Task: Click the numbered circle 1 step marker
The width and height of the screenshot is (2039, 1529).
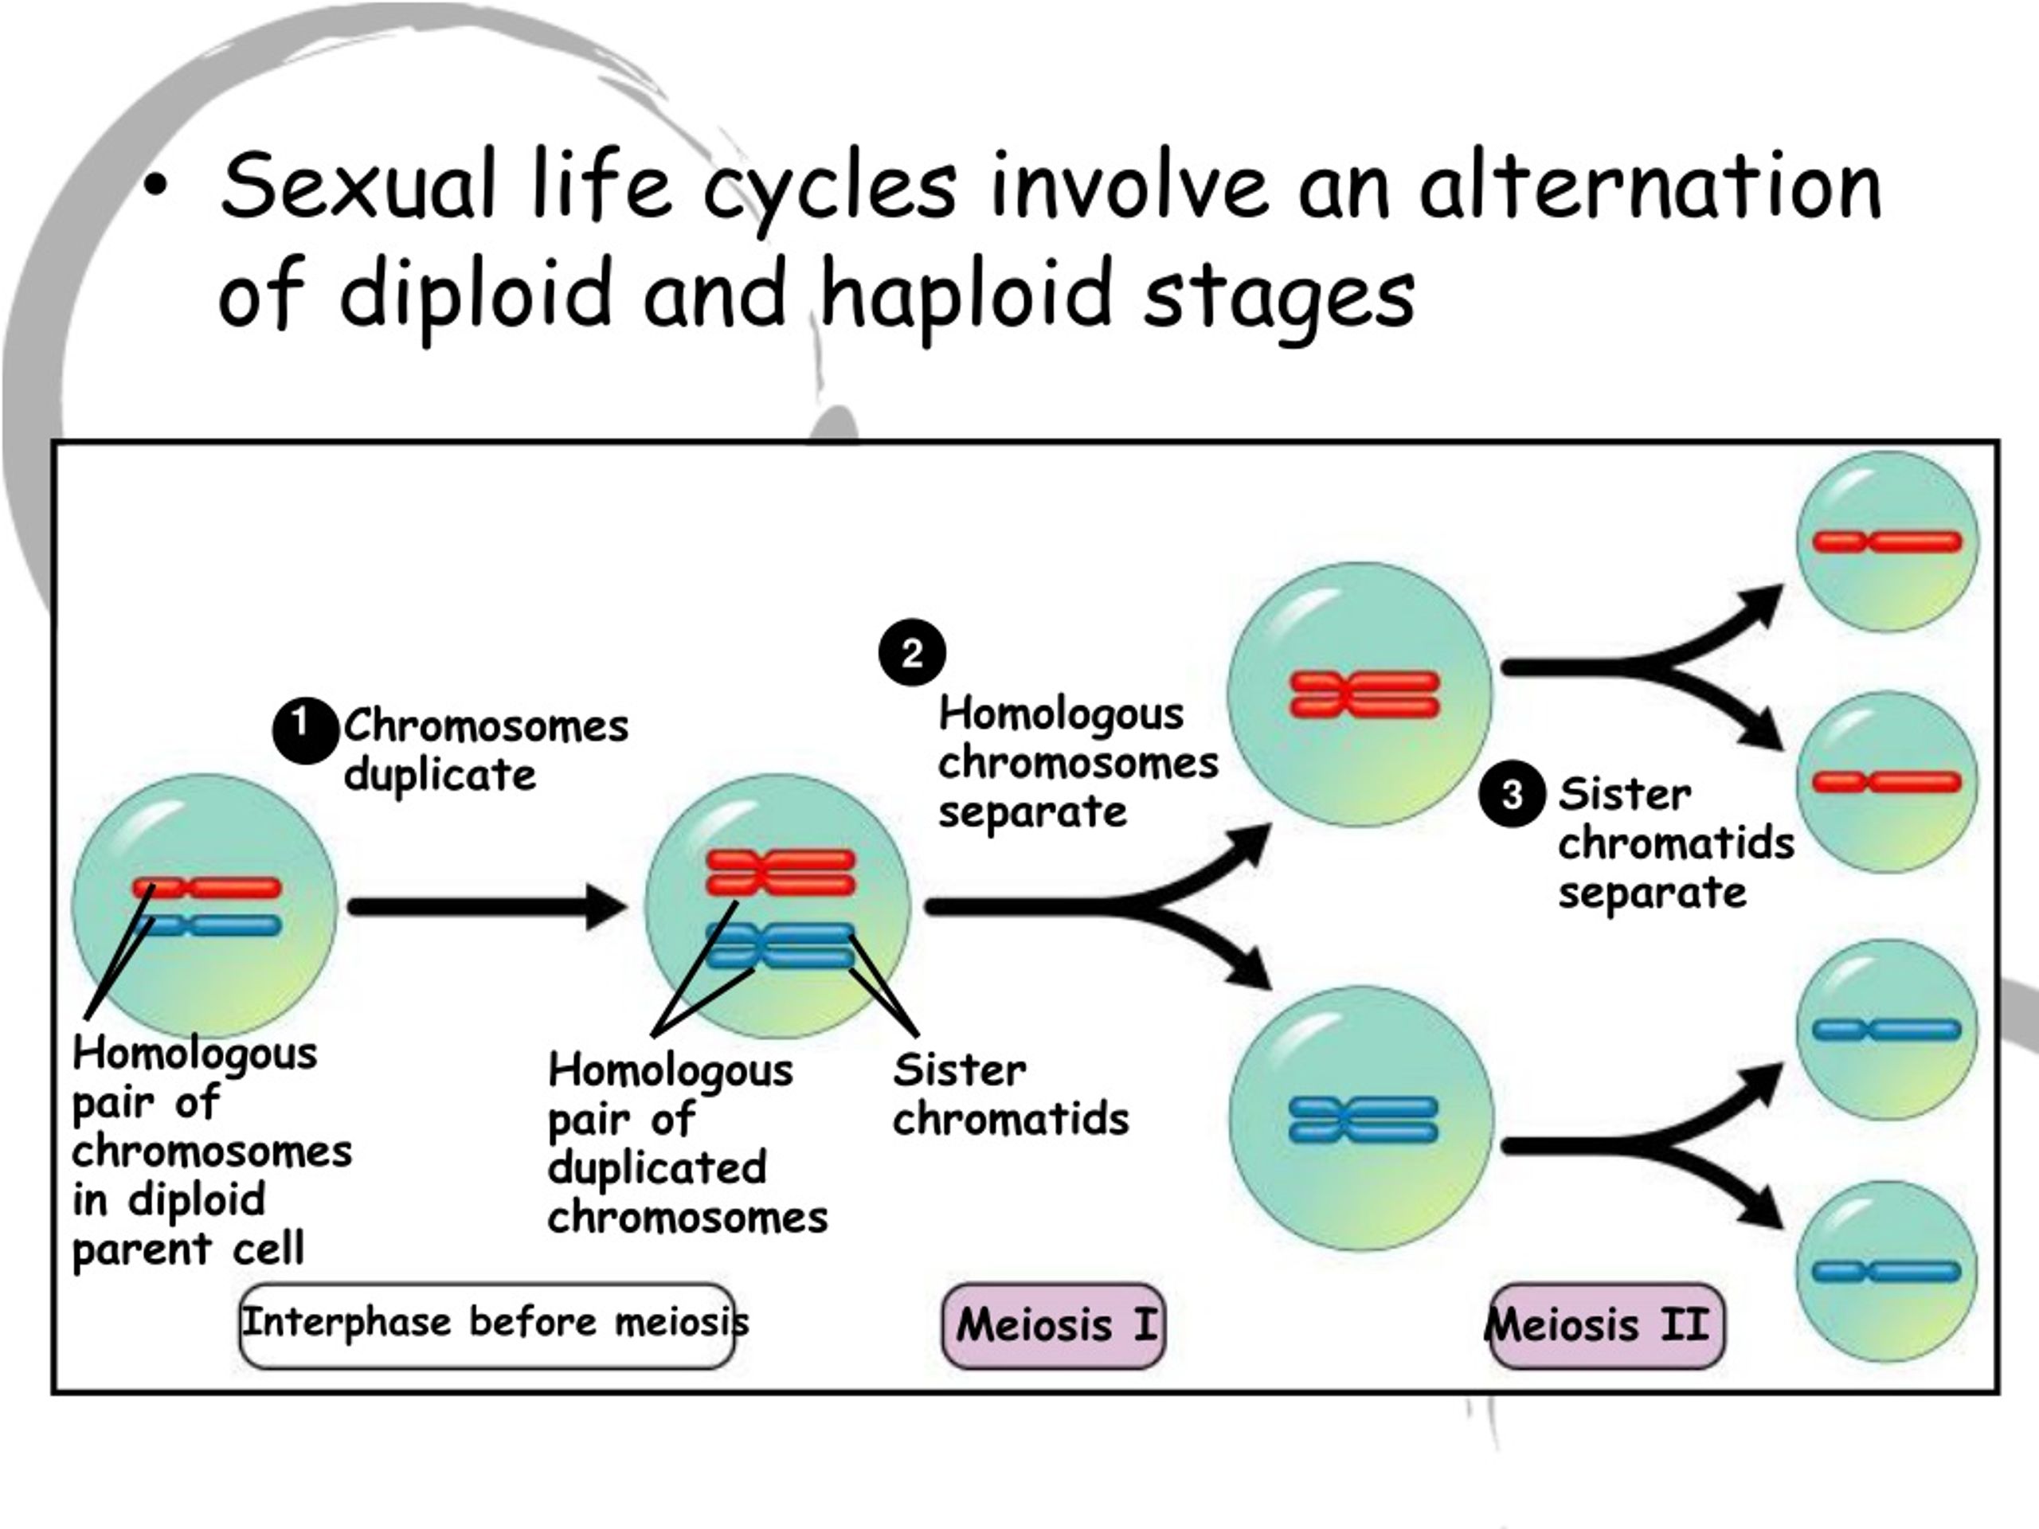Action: (304, 731)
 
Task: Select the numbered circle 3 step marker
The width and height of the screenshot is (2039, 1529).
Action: (1512, 795)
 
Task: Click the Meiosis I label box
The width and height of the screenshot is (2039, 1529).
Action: (1054, 1325)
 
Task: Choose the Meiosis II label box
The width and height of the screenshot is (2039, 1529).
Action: (1606, 1325)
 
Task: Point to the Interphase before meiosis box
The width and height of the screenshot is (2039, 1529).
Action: (487, 1325)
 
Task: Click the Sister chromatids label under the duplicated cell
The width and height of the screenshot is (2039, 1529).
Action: (1010, 1094)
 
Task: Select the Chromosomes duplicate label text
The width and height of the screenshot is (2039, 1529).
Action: (486, 749)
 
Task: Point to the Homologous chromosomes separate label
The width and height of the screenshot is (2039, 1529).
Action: (1078, 762)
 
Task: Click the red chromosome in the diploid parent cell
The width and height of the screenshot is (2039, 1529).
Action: (206, 889)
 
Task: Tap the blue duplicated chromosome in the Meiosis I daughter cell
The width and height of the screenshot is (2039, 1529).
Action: (1364, 1120)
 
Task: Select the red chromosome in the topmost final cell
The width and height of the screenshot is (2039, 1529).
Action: (1887, 542)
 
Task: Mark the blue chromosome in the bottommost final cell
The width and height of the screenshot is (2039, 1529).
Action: (1886, 1272)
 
